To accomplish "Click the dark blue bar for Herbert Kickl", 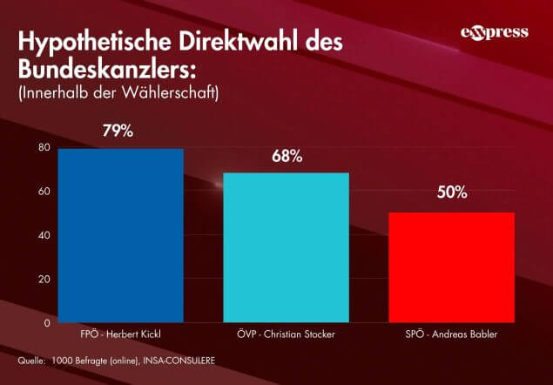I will (121, 235).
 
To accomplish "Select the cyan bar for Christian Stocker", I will (287, 247).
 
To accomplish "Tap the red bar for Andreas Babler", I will (451, 267).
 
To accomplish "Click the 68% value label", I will (287, 157).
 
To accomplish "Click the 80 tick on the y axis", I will (44, 147).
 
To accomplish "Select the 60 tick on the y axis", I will (44, 192).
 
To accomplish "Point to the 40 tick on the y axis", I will (44, 235).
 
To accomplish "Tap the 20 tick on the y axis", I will (44, 279).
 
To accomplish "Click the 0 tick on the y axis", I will (46, 322).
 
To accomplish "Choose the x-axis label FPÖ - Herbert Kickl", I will (121, 334).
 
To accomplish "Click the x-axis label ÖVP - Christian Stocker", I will (287, 334).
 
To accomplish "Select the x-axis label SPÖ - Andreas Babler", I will (451, 334).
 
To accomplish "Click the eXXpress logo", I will (494, 33).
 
